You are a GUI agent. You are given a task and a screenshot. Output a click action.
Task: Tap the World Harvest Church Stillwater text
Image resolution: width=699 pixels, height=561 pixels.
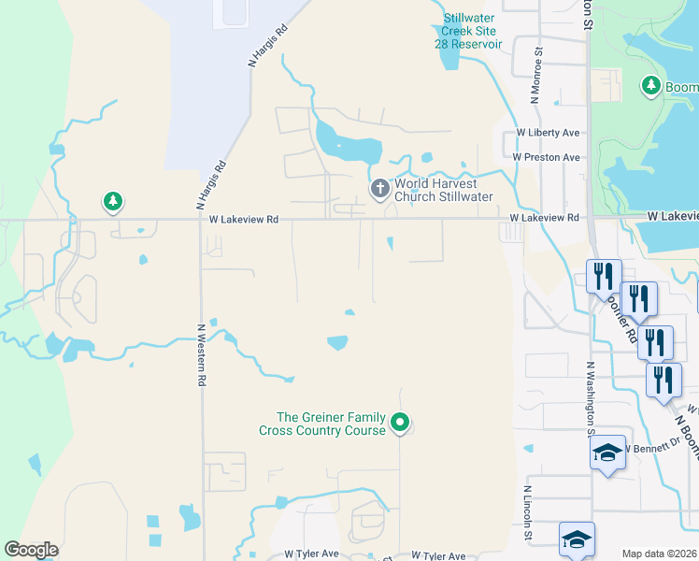[x=443, y=190]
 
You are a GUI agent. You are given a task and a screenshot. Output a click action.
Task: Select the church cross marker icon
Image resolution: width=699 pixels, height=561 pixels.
[x=380, y=189]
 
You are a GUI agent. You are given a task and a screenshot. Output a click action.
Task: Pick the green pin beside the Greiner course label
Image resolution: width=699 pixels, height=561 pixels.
[x=400, y=423]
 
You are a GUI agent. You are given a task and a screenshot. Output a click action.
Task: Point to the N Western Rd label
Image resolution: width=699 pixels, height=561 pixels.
[x=200, y=355]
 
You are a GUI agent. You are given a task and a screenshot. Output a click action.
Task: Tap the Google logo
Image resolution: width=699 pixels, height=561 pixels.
[x=31, y=550]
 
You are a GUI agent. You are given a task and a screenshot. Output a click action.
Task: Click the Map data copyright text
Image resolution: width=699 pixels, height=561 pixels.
[x=660, y=554]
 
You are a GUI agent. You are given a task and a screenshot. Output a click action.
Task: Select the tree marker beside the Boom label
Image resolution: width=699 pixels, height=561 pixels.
[x=651, y=86]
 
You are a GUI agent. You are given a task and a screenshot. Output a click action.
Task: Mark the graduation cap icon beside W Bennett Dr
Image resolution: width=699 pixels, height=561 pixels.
[x=607, y=453]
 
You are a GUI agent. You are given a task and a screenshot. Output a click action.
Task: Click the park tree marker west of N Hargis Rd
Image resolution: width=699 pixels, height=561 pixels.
[x=113, y=201]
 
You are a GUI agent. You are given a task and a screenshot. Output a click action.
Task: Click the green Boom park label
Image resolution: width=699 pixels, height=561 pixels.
[x=681, y=88]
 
